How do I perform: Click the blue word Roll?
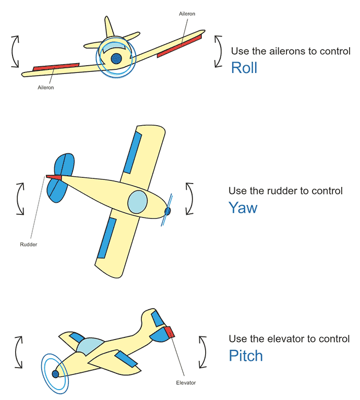click(x=244, y=68)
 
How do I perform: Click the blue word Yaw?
click(x=243, y=208)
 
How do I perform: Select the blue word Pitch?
click(x=246, y=356)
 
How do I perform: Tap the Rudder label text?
click(x=28, y=244)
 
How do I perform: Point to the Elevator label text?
click(x=186, y=383)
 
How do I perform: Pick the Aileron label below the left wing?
click(x=46, y=88)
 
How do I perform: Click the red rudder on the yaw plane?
click(x=54, y=177)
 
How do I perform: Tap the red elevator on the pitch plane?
click(x=168, y=332)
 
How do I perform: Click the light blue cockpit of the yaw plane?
click(x=138, y=202)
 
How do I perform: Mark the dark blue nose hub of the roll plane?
click(x=116, y=57)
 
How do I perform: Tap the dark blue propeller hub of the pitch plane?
click(x=55, y=374)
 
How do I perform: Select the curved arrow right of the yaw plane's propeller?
click(x=189, y=199)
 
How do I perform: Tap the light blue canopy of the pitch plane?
click(x=91, y=345)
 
